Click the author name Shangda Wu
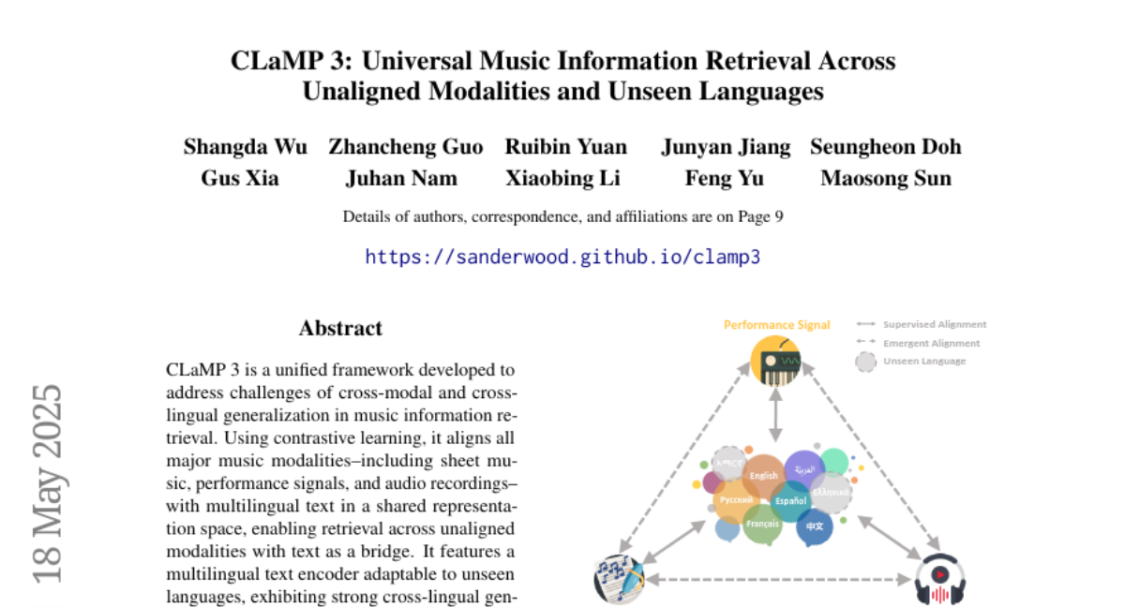point(247,147)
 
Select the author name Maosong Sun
point(885,178)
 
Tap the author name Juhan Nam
point(401,178)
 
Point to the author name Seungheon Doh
point(885,147)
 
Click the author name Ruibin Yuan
point(565,147)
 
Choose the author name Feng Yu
point(711,178)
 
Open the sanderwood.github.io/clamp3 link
point(562,257)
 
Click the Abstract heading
point(340,329)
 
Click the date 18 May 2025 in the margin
point(47,482)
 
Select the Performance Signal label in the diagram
point(776,325)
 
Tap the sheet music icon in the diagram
point(619,580)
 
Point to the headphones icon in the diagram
point(939,580)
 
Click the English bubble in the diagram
point(763,475)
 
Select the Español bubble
point(790,501)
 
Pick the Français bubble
point(762,525)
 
